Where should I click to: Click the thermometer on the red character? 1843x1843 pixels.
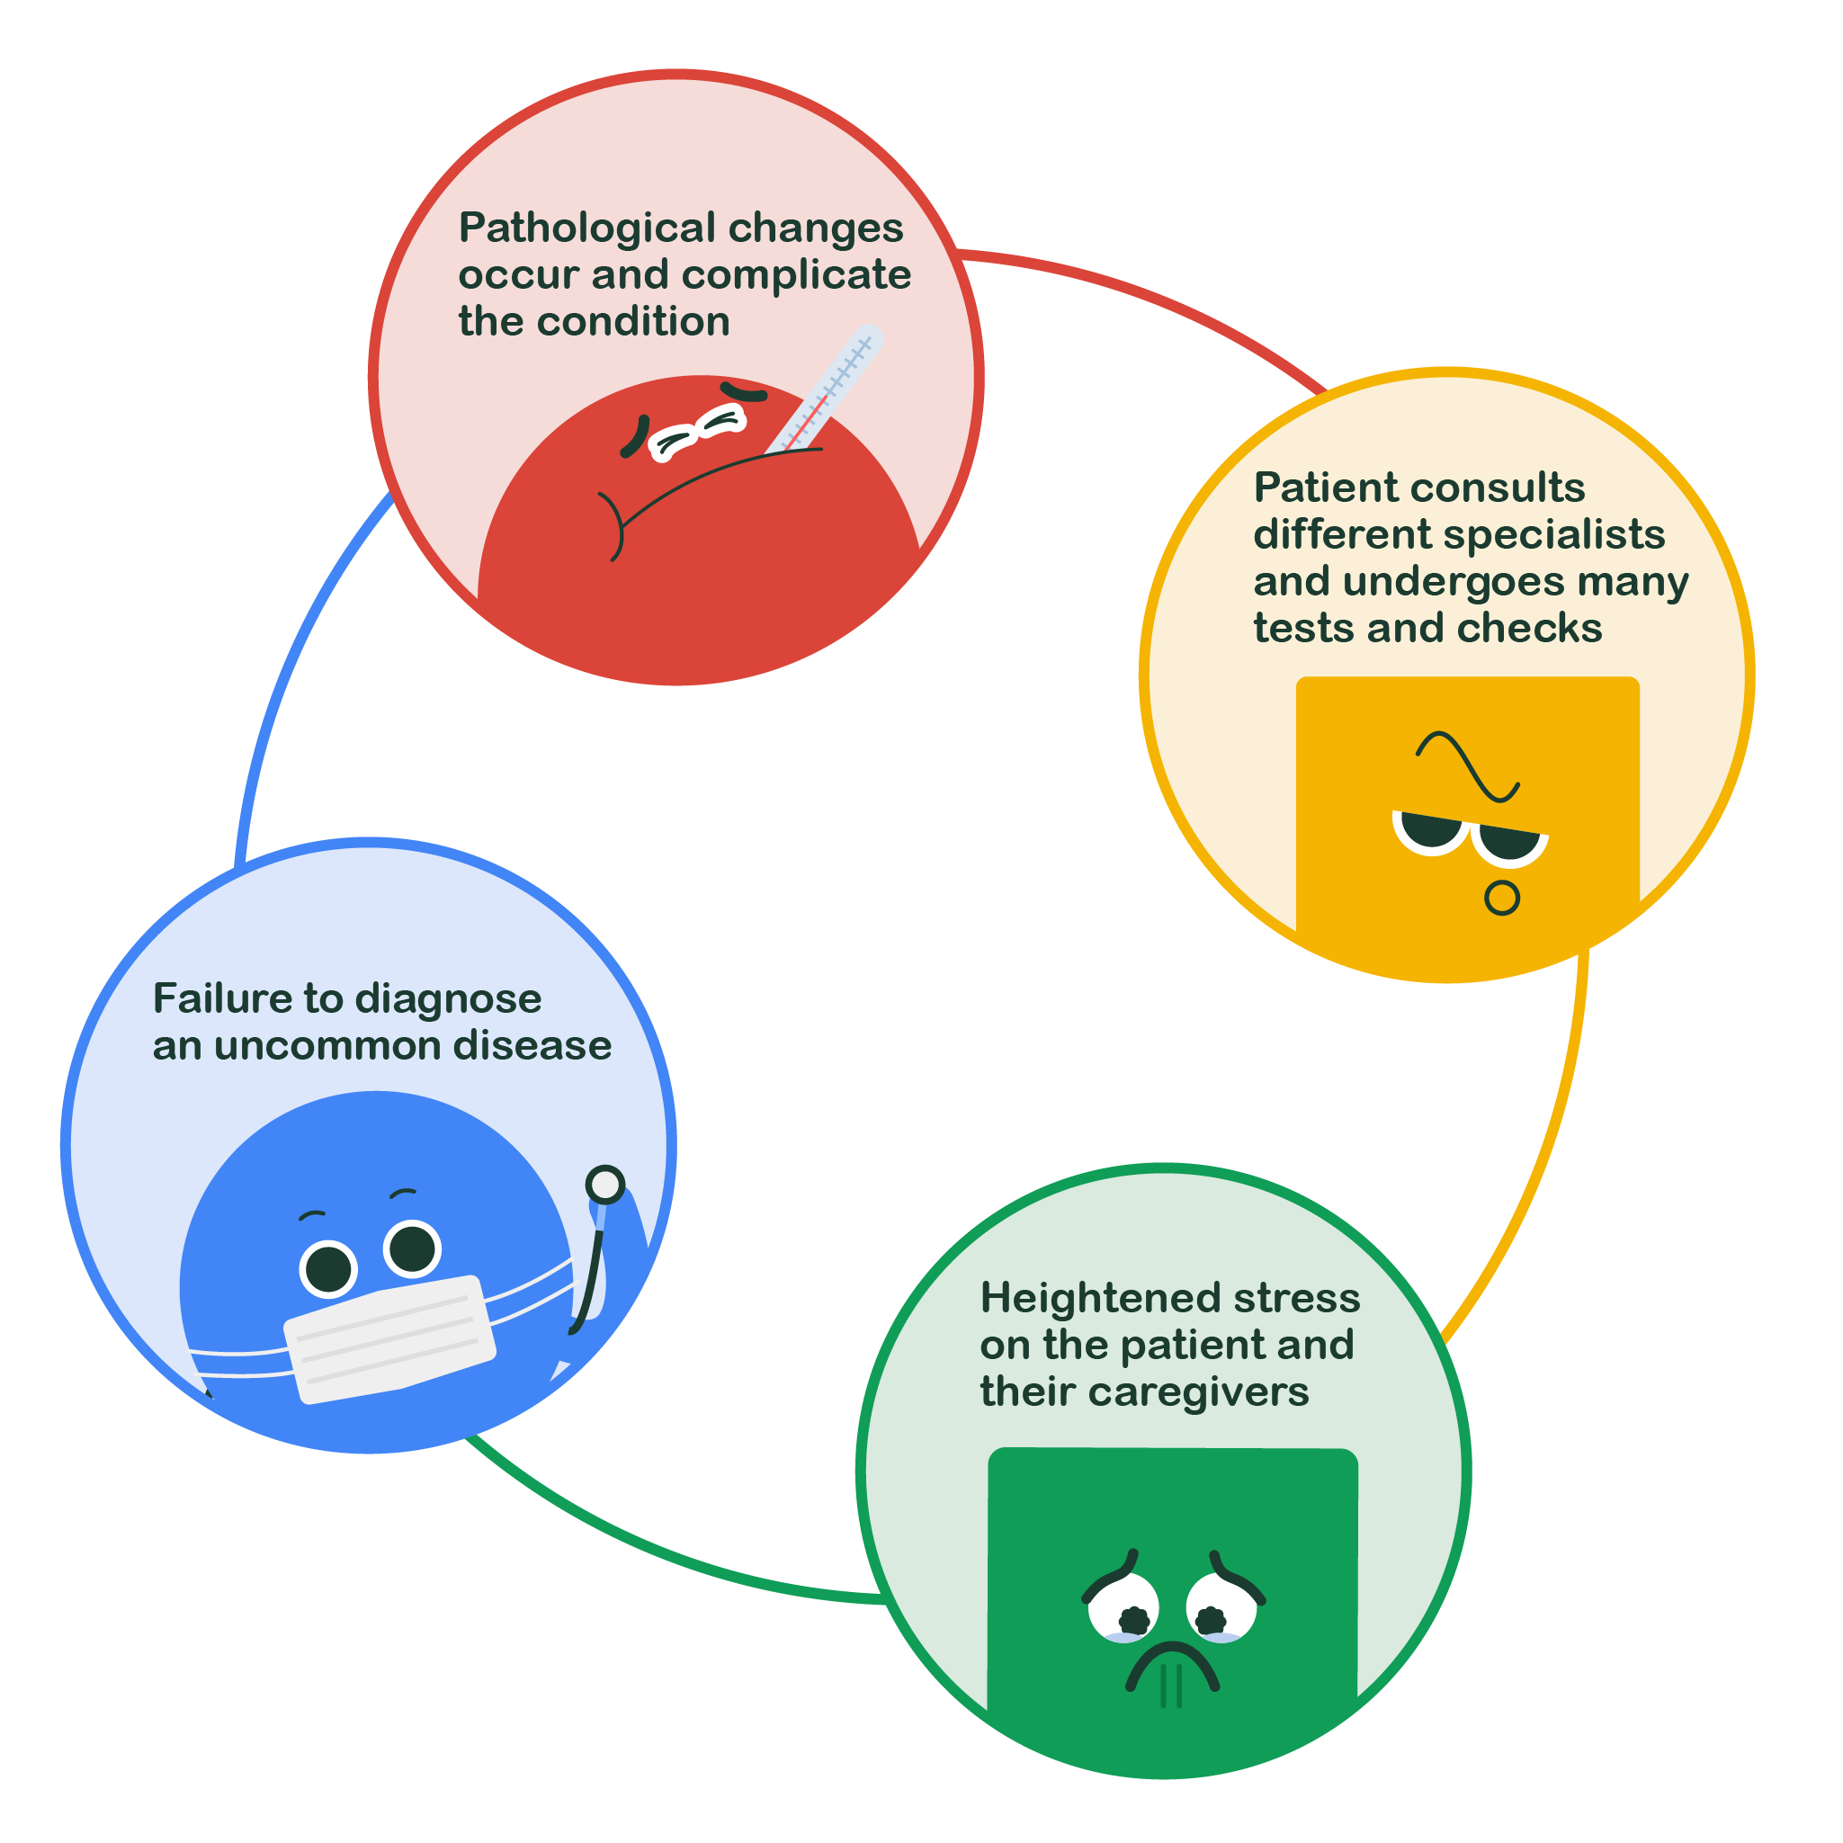[x=826, y=389]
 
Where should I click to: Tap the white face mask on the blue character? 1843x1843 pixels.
[x=390, y=1339]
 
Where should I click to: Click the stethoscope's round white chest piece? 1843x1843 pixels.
[x=604, y=1185]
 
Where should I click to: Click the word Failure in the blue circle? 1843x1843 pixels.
[x=222, y=998]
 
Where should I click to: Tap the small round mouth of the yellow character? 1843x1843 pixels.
[x=1502, y=898]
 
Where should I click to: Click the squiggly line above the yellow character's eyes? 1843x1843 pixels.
[x=1468, y=766]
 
